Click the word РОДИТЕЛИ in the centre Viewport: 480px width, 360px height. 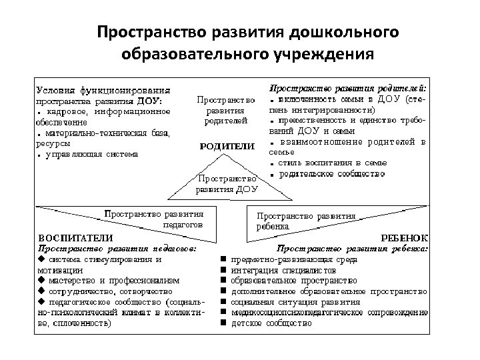point(227,146)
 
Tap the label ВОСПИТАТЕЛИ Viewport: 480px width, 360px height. point(75,237)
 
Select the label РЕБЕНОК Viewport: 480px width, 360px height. point(405,237)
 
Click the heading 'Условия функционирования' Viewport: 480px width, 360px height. point(103,89)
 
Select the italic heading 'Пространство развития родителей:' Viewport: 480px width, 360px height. point(348,88)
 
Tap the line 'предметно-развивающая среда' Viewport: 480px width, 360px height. point(294,259)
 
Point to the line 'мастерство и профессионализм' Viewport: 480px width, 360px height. point(113,281)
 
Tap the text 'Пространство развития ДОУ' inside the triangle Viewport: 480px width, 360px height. point(227,184)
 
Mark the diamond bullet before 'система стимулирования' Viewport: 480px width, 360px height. point(41,259)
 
